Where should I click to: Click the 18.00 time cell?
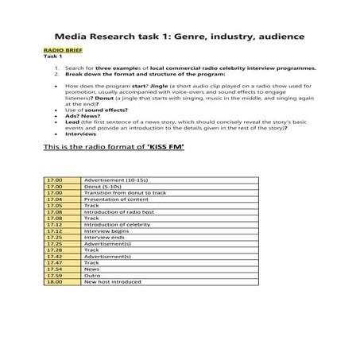click(54, 281)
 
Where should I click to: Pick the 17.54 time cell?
click(54, 269)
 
